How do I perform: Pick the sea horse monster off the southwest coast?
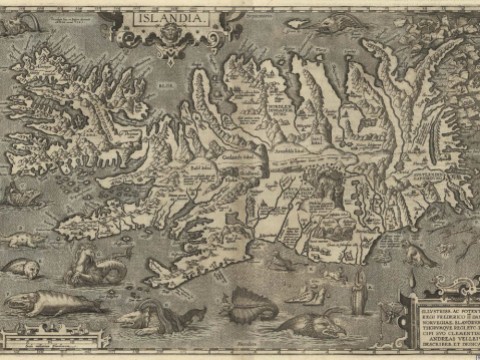96,266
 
